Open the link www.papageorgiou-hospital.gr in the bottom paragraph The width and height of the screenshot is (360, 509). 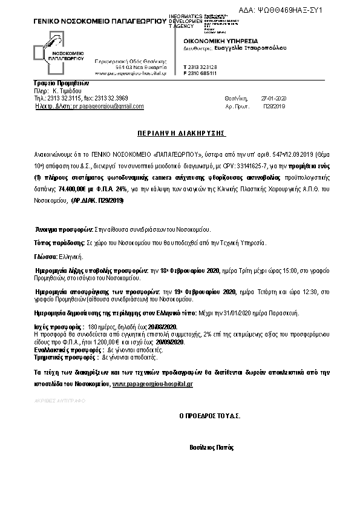(152, 384)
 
